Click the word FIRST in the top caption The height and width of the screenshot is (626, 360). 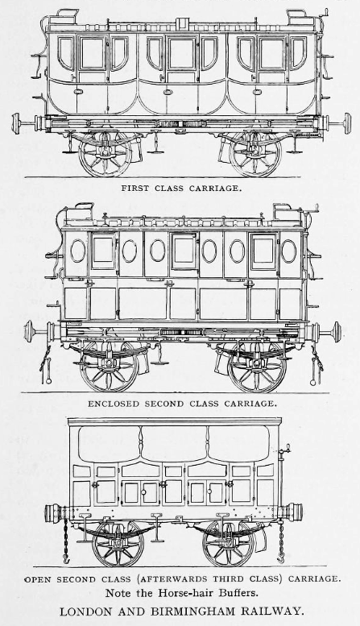(134, 189)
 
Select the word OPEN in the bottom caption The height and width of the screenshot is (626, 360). (39, 579)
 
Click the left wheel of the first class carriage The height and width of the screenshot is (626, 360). (105, 153)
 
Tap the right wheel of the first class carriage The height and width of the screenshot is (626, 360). (255, 153)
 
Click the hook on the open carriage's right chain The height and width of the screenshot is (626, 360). (281, 558)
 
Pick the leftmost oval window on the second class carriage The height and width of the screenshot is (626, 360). (78, 251)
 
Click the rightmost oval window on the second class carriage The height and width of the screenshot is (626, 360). (288, 251)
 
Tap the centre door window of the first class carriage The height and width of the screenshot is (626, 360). (181, 53)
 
